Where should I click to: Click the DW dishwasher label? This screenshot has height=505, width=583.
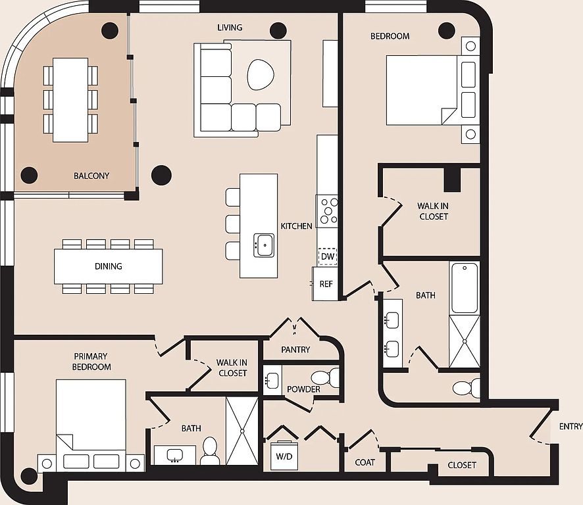[328, 256]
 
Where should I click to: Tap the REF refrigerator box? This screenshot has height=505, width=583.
[325, 283]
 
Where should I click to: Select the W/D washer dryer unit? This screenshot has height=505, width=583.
[284, 456]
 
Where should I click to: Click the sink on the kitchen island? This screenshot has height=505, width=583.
[264, 245]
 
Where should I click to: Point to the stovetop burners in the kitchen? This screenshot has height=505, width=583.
[327, 210]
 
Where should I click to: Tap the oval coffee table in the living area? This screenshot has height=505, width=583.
[261, 74]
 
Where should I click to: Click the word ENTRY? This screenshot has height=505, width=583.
[570, 426]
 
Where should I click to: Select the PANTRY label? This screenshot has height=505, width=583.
[295, 349]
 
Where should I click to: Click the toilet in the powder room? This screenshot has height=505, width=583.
[325, 377]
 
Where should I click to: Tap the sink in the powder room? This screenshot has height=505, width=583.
[272, 380]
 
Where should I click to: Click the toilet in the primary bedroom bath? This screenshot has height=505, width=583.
[210, 450]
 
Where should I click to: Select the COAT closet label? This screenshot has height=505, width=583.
[365, 462]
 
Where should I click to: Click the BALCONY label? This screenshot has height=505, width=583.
[91, 176]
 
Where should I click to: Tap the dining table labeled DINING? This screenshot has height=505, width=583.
[108, 266]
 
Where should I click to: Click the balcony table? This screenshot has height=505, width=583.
[70, 100]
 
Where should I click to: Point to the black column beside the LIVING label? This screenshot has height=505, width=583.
[278, 30]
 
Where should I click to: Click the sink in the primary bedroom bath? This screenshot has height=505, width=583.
[175, 455]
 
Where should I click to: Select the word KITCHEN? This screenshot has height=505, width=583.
[296, 226]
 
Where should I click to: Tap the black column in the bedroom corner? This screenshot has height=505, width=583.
[447, 30]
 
